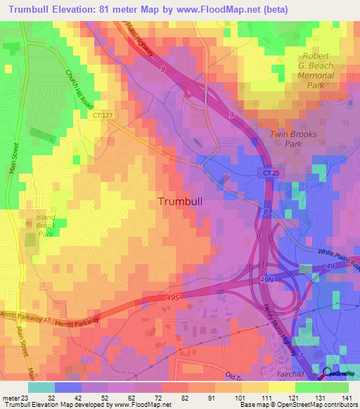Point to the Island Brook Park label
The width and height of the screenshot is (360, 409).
(x=45, y=226)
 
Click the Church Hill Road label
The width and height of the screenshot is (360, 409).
(x=79, y=88)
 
